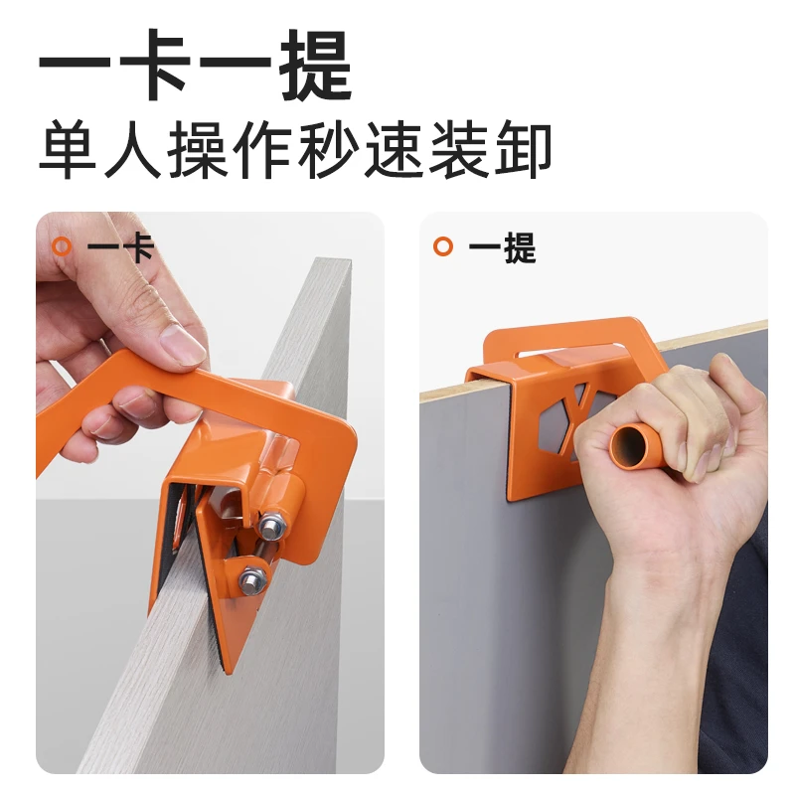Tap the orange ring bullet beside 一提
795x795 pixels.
coord(443,246)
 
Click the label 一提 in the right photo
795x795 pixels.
coord(502,246)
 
